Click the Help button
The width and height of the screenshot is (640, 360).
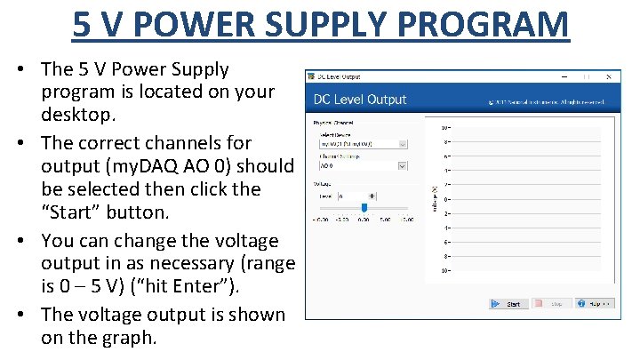tap(595, 304)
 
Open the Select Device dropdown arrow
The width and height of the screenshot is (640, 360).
tap(403, 142)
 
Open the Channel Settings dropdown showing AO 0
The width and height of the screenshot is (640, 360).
tap(403, 164)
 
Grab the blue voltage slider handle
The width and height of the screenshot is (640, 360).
tap(364, 208)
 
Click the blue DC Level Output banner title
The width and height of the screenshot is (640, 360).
tap(360, 100)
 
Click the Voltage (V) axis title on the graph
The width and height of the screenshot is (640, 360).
tap(435, 198)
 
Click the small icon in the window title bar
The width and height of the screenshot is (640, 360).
tap(312, 76)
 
